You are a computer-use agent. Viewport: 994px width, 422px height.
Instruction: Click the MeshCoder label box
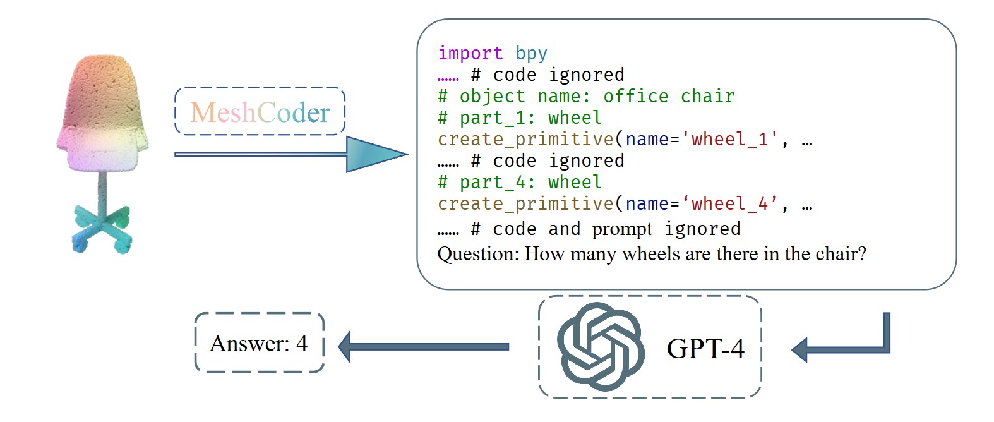coord(260,112)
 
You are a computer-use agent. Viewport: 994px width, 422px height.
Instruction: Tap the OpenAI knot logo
coord(600,346)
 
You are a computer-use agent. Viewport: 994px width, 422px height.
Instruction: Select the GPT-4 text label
coord(705,349)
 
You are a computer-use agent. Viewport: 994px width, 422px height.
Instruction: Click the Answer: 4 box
coord(259,343)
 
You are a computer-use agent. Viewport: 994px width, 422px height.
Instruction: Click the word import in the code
coord(470,53)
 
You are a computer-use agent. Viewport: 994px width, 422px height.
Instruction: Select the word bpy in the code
coord(531,53)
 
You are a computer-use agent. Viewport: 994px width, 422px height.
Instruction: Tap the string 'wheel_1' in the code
coord(729,139)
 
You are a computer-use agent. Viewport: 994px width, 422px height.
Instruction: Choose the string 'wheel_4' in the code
coord(729,203)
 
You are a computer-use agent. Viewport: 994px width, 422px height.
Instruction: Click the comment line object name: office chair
coord(586,96)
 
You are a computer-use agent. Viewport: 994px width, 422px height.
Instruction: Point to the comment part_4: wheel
coord(520,182)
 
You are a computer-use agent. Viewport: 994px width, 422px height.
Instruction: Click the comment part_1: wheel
coord(520,118)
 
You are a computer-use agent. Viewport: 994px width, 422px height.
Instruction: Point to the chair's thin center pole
coord(102,190)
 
